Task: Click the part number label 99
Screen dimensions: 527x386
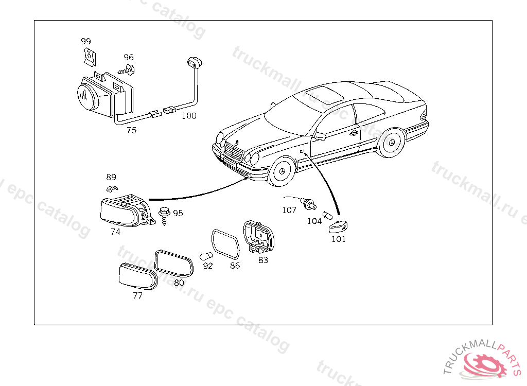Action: (x=86, y=41)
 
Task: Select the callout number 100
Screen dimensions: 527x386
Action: (x=189, y=116)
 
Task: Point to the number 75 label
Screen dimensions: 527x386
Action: (x=132, y=130)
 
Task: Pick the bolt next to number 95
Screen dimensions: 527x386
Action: (x=165, y=213)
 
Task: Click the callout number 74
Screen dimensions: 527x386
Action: (x=115, y=232)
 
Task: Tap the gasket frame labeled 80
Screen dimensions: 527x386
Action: (x=174, y=263)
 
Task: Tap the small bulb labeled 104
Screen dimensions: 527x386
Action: (x=327, y=215)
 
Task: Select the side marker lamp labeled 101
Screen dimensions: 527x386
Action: (x=338, y=225)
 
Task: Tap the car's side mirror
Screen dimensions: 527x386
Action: (x=320, y=136)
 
